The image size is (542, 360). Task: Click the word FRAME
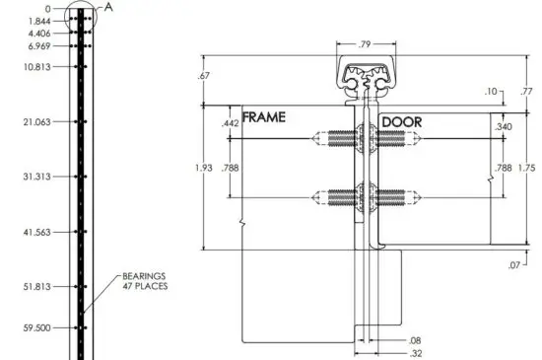[x=264, y=116]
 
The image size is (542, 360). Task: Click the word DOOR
[x=401, y=121]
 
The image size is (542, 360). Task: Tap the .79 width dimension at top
[x=365, y=43]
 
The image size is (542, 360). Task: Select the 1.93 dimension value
[x=204, y=168]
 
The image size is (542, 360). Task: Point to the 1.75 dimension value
[x=527, y=169]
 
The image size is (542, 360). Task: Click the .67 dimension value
[x=204, y=76]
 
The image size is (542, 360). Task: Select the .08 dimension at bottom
[x=414, y=340]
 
